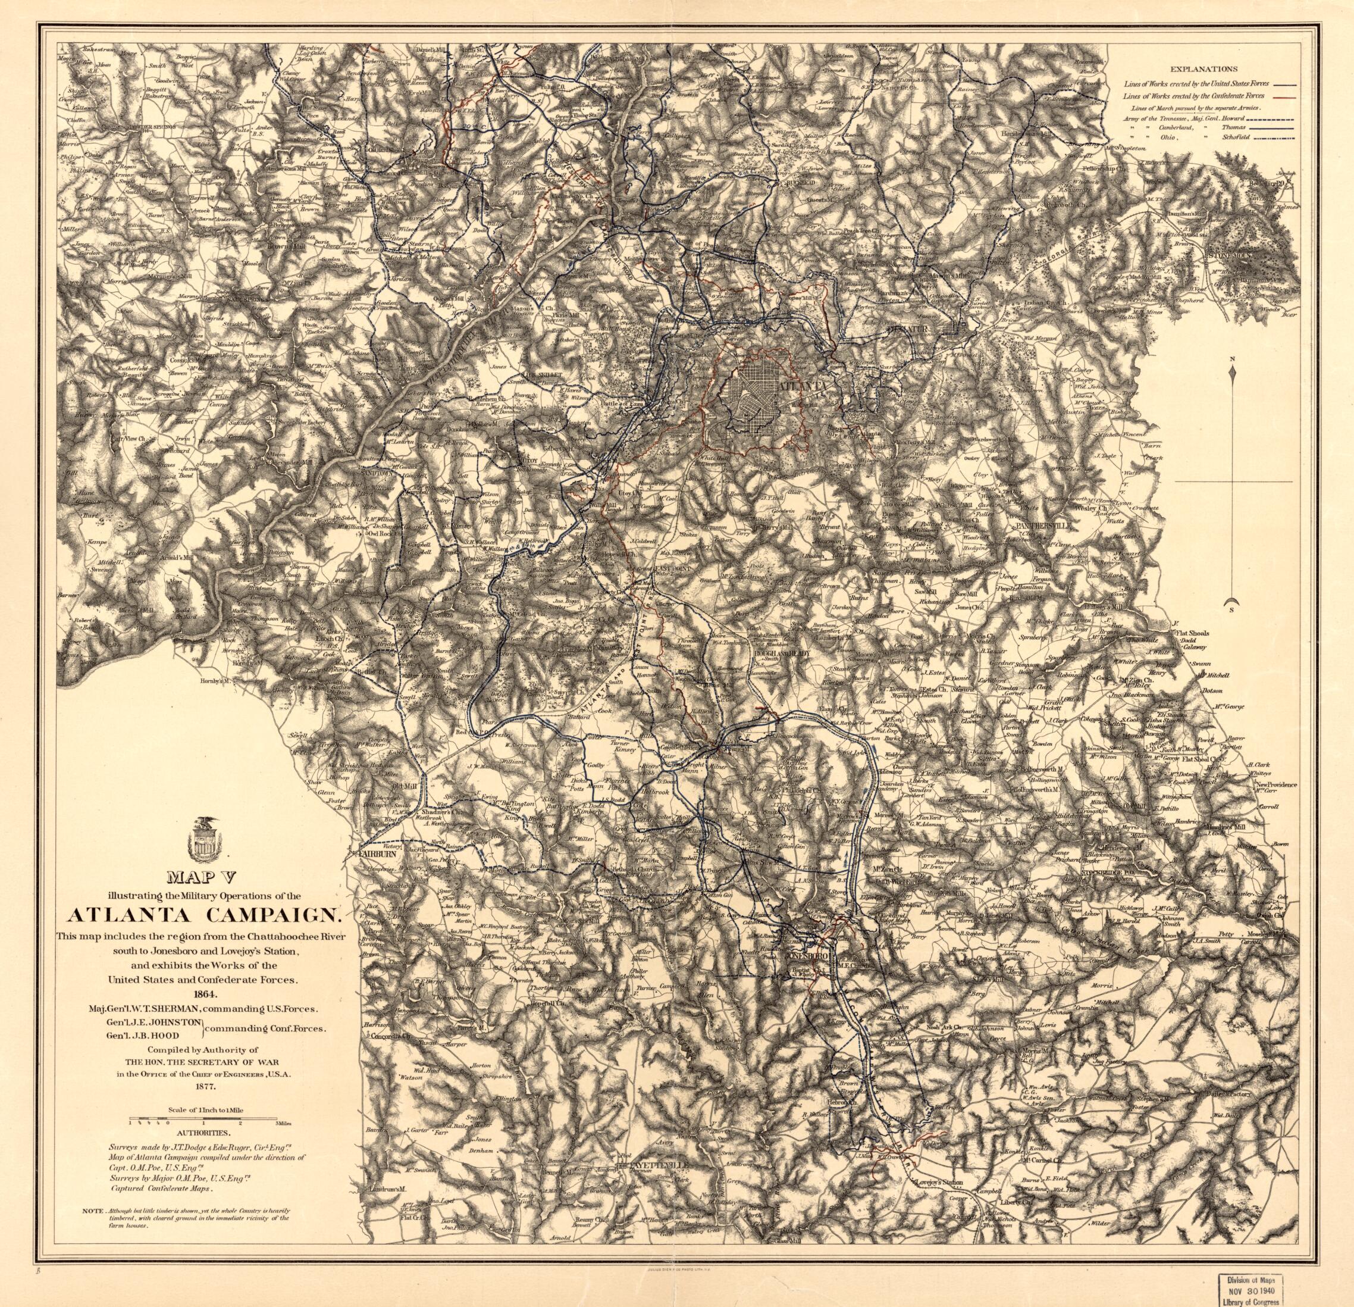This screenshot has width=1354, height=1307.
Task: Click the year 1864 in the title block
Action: (205, 994)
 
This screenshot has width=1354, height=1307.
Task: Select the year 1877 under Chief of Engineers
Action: (205, 1105)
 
